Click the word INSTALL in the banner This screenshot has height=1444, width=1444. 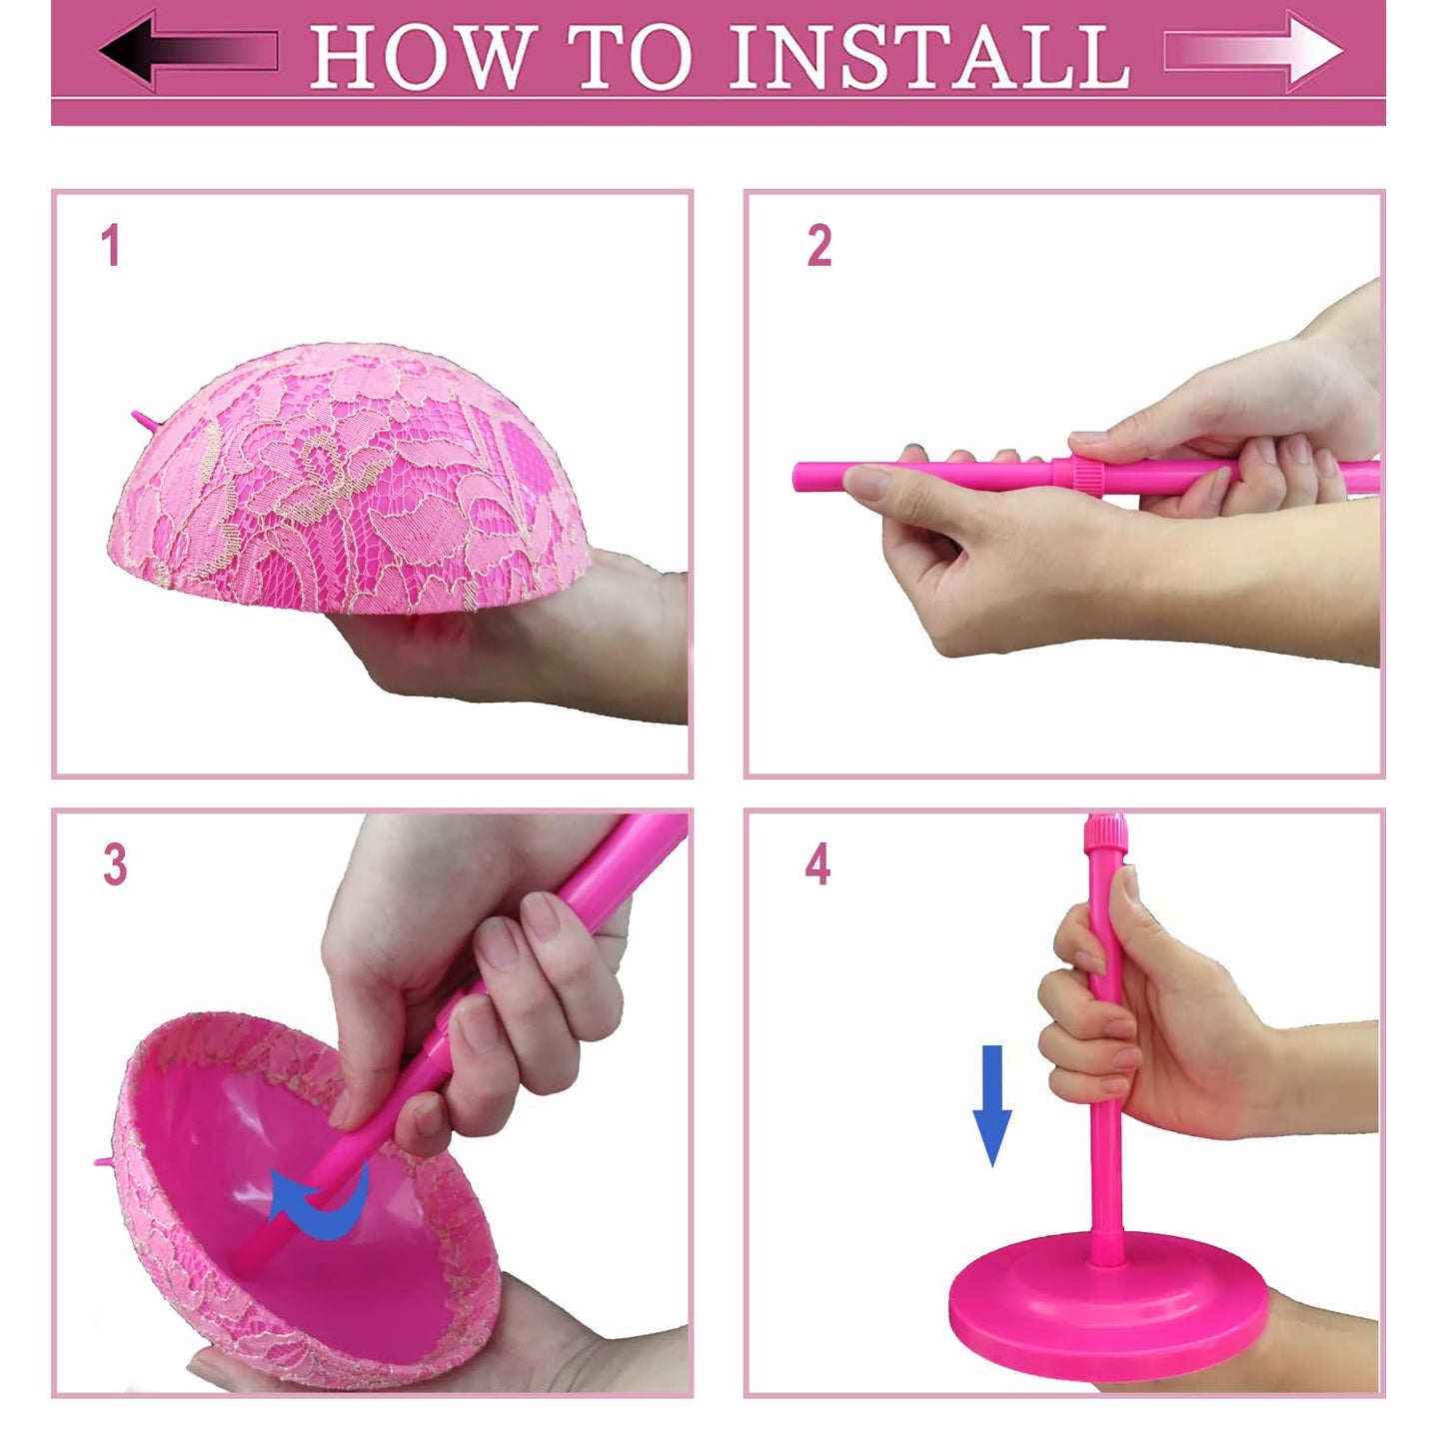coord(929,57)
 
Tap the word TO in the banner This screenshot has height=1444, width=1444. coord(631,57)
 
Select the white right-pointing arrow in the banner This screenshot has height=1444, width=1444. coord(1254,51)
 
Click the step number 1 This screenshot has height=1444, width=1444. coord(111,246)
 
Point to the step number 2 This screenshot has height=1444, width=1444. coord(818,246)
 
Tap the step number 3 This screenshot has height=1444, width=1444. coord(115,864)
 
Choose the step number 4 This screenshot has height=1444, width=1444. coord(817,864)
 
